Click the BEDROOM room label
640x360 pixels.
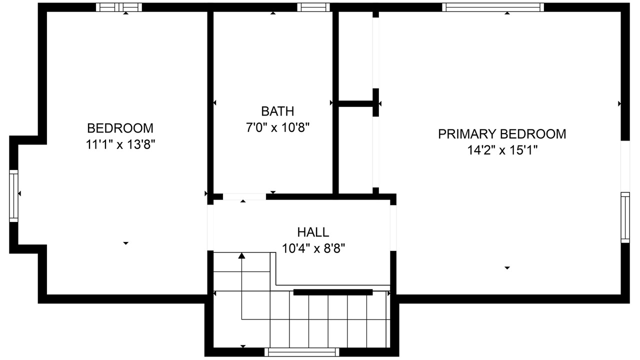120,128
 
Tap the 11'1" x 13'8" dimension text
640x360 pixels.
120,144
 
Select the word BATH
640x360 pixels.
277,111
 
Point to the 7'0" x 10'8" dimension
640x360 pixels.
277,127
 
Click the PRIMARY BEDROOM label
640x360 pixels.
502,134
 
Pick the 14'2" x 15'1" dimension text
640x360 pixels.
502,150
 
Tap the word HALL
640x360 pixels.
313,232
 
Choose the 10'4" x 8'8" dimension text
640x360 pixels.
313,248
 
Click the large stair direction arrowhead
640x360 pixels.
241,255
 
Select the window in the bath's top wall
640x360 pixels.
313,7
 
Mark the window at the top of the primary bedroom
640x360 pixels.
493,7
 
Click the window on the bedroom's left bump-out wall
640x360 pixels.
13,196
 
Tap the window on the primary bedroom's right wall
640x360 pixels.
625,217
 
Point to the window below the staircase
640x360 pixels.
301,352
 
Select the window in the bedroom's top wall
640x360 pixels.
119,7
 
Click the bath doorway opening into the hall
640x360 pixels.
244,196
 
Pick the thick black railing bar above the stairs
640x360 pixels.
333,292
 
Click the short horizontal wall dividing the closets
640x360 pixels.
355,103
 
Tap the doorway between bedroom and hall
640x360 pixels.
210,227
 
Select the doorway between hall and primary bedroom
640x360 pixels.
393,228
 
